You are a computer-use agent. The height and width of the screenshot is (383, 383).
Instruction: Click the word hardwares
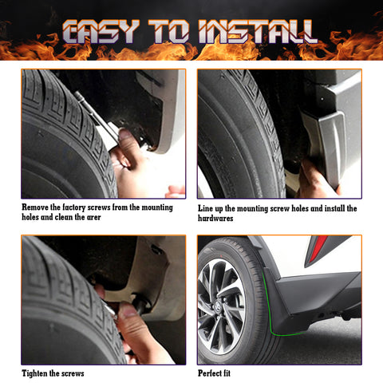point(215,218)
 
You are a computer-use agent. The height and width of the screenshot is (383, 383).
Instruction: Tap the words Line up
point(212,208)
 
